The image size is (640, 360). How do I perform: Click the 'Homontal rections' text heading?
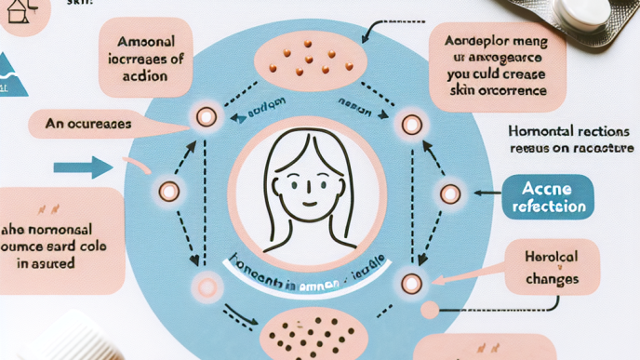pyautogui.click(x=571, y=133)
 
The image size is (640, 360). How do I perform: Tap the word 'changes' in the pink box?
pyautogui.click(x=552, y=278)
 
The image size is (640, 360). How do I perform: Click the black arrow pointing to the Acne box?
pyautogui.click(x=487, y=193)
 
